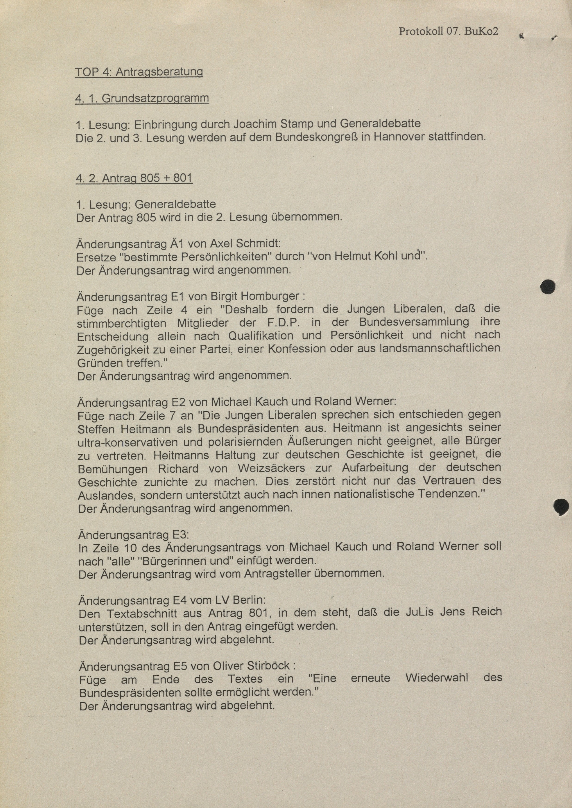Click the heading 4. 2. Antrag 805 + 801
tap(134, 178)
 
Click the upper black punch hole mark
tap(548, 287)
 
